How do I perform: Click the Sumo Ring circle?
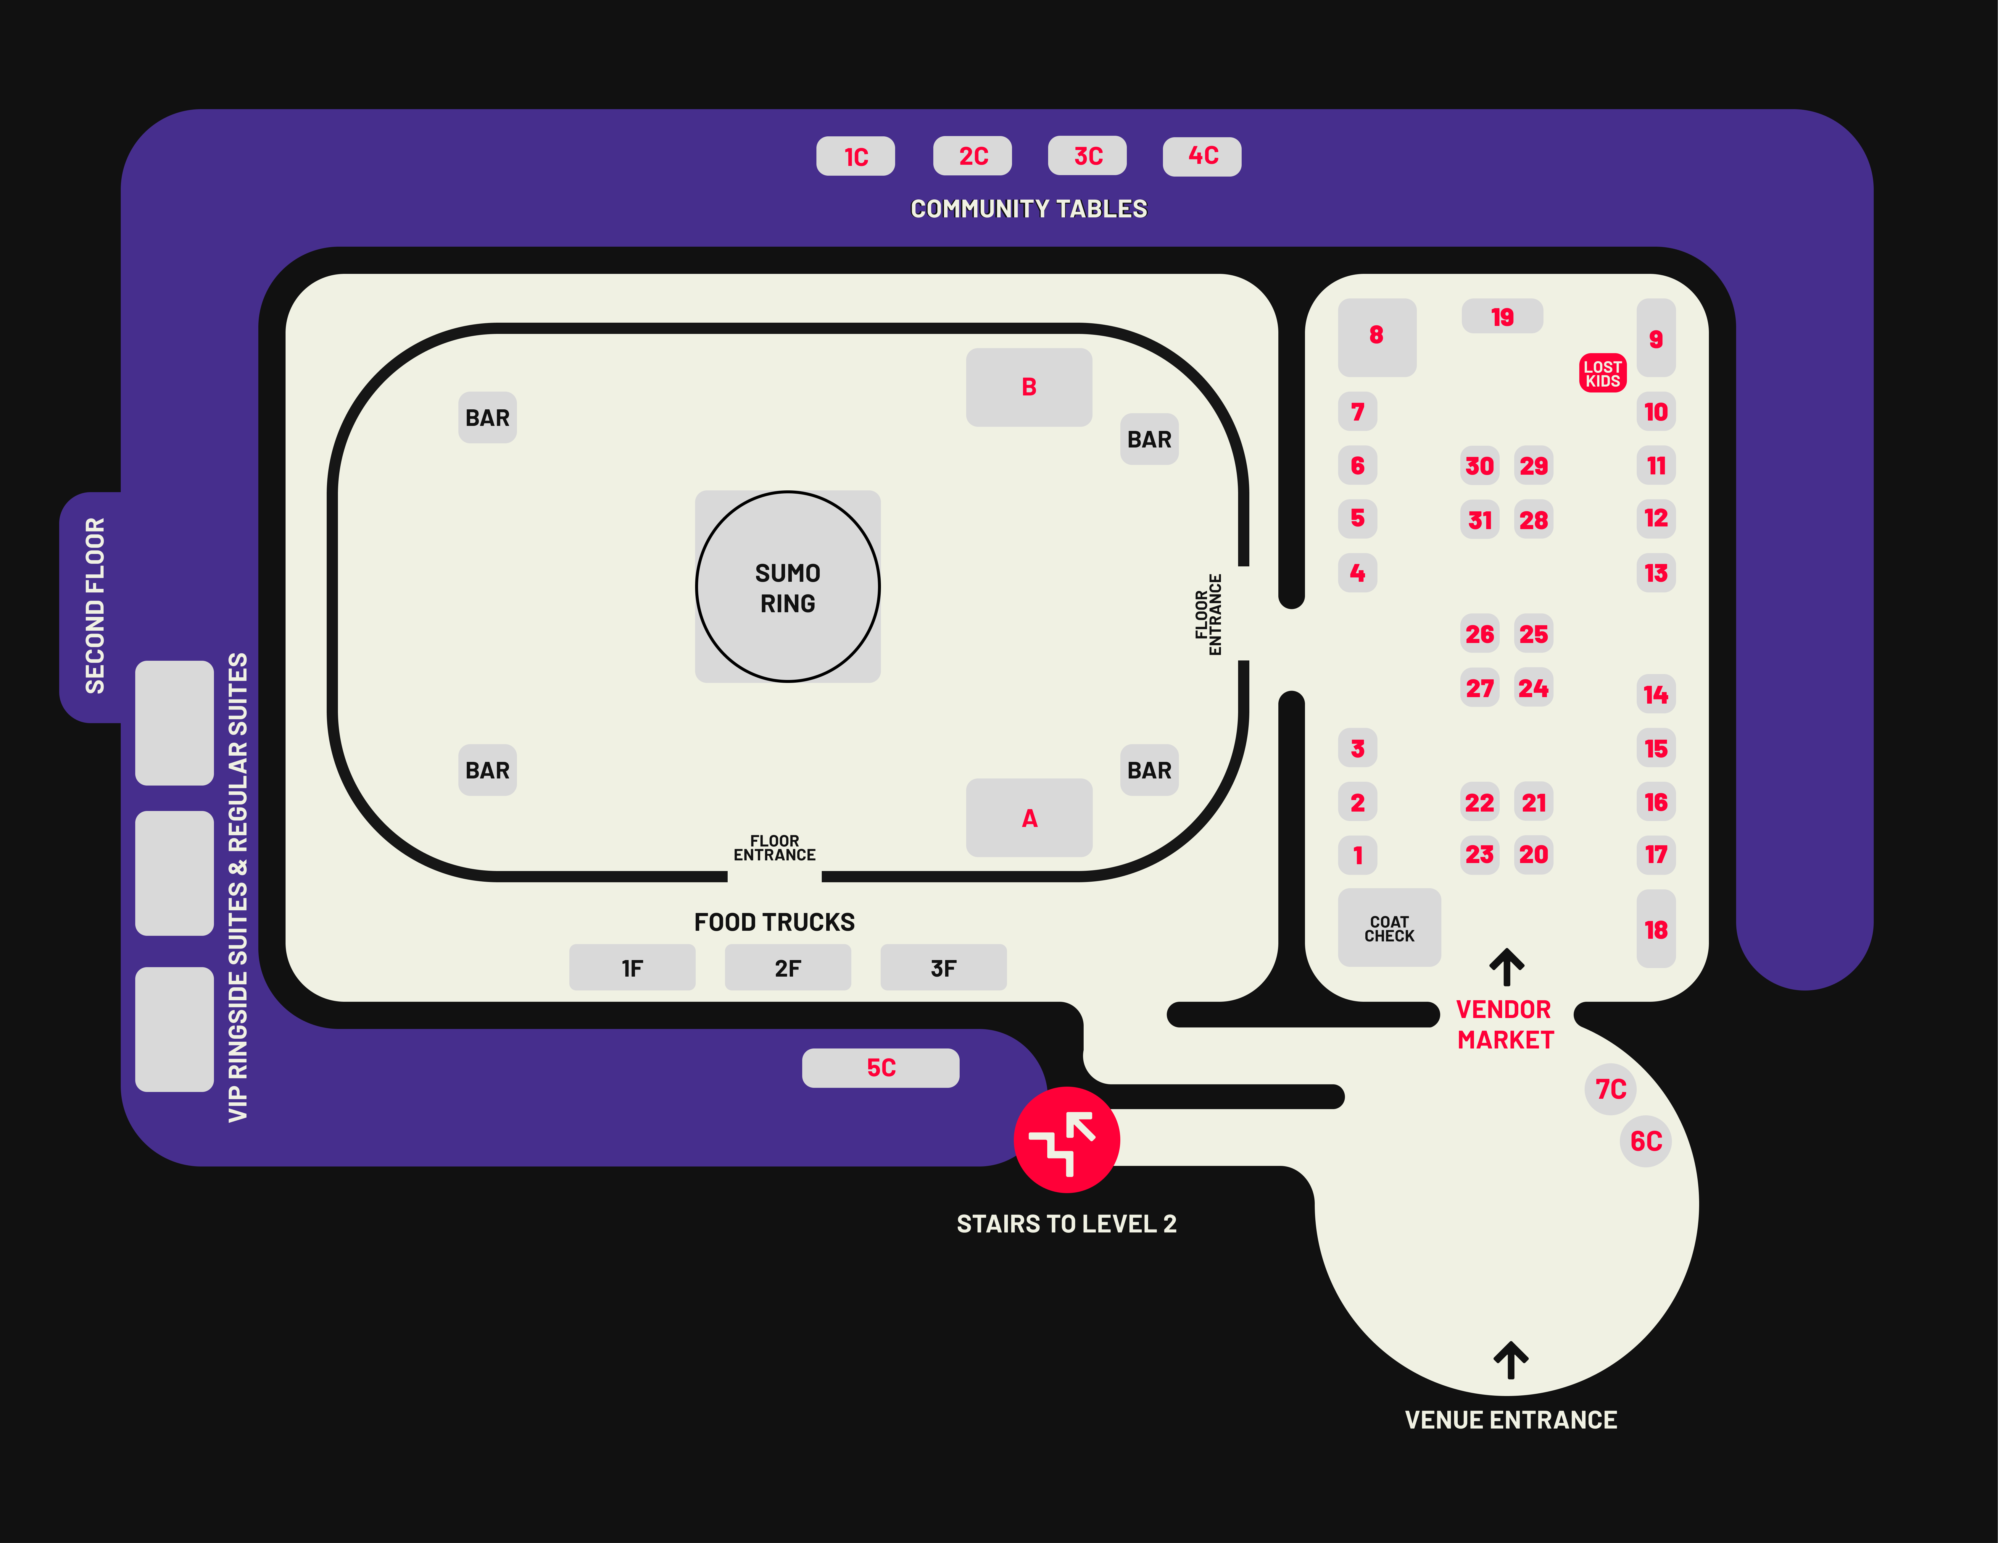click(x=788, y=586)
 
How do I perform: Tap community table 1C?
click(x=855, y=156)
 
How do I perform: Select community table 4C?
click(x=1202, y=156)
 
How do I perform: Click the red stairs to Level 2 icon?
click(x=1067, y=1140)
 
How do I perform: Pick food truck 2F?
click(x=788, y=968)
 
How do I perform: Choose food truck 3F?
click(x=943, y=968)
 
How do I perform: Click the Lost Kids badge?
click(x=1603, y=373)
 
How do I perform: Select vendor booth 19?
click(x=1502, y=316)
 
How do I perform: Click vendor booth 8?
click(x=1377, y=337)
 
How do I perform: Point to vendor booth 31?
click(x=1479, y=520)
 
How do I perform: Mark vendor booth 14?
click(x=1656, y=694)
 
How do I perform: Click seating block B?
click(x=1029, y=387)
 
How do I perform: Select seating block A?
click(x=1029, y=818)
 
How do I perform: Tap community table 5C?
click(x=881, y=1067)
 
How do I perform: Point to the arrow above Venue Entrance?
click(x=1510, y=1360)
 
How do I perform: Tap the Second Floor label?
click(x=95, y=605)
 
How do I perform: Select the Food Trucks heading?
click(x=774, y=922)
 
